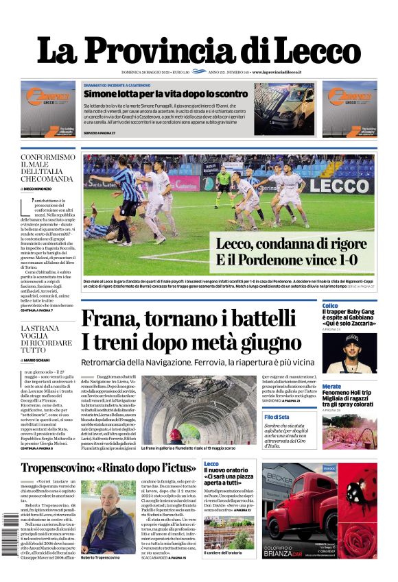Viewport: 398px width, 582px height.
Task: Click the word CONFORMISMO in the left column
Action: pos(47,158)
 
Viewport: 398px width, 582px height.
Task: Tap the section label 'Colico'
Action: pos(330,306)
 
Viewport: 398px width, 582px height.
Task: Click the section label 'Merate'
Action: pos(331,386)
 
